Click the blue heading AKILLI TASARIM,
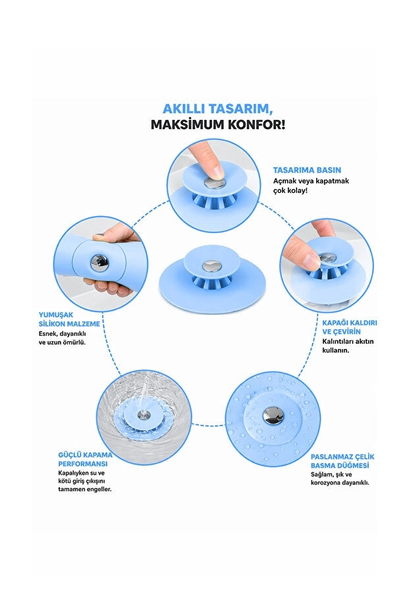point(218,108)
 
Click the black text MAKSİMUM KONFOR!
point(218,124)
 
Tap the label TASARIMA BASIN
point(307,170)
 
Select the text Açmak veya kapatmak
point(311,181)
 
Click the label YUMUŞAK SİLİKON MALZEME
point(69,319)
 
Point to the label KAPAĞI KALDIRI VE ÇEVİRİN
point(350,327)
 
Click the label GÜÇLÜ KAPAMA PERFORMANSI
point(85,460)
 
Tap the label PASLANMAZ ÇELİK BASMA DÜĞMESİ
point(342,461)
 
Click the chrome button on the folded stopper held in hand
point(99,262)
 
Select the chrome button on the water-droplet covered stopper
point(273,415)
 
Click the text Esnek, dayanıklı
point(62,334)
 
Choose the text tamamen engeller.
point(85,489)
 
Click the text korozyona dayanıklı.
point(340,483)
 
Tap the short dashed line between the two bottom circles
point(208,424)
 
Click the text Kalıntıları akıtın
point(348,341)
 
